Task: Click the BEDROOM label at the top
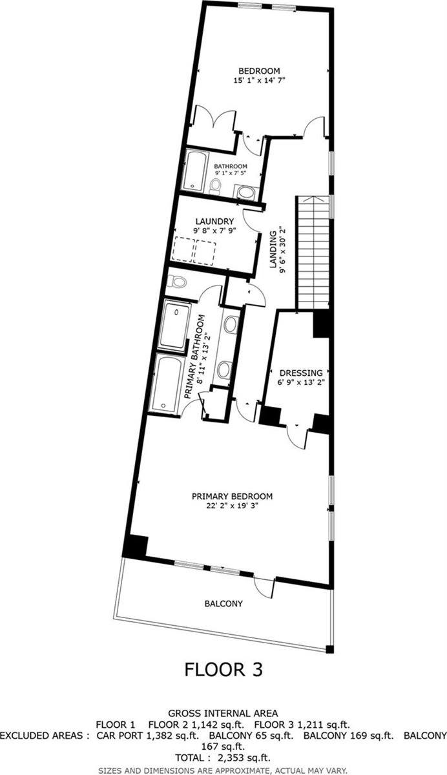click(259, 71)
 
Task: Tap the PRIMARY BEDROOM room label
click(232, 496)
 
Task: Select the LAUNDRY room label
click(214, 221)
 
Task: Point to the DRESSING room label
click(301, 373)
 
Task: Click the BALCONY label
click(224, 603)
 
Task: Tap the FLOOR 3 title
click(224, 669)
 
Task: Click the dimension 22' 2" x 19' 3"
click(232, 506)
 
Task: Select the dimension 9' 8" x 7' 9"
click(214, 231)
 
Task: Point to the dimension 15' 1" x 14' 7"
click(259, 81)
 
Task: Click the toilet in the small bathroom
click(215, 186)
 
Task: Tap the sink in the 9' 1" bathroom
click(246, 192)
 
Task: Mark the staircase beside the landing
click(313, 253)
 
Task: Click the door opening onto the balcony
click(264, 585)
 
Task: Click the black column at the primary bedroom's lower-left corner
click(135, 546)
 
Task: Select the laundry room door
click(252, 220)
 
